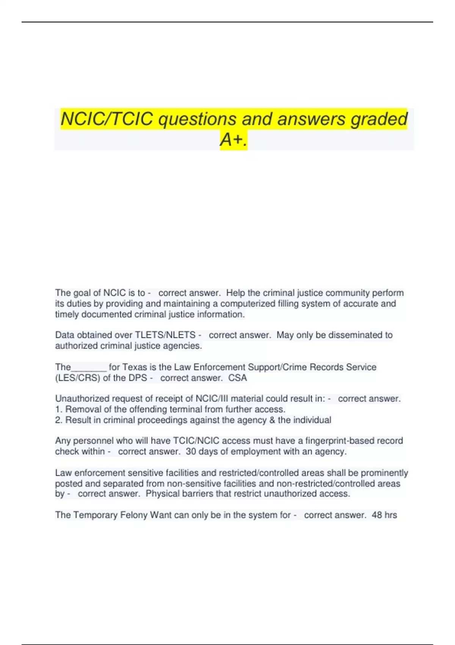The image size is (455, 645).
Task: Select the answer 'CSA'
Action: click(x=238, y=378)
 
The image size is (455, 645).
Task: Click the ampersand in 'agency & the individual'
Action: click(x=271, y=420)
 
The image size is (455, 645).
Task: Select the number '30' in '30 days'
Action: click(x=191, y=451)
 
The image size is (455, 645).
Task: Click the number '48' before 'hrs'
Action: click(x=377, y=515)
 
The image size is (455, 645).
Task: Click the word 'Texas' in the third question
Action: click(x=135, y=367)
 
